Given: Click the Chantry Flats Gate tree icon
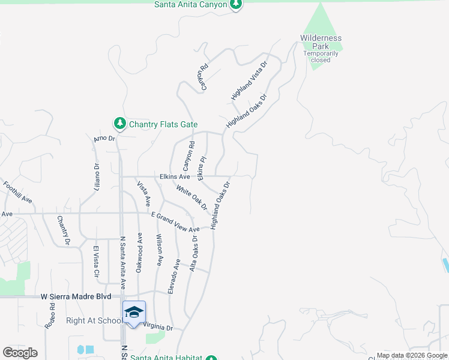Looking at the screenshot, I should [120, 124].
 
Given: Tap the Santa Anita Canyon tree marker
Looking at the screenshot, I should [237, 5].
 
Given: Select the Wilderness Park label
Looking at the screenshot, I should [321, 42].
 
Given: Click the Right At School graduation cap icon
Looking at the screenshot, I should [134, 311].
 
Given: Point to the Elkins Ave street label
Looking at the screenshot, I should [175, 177].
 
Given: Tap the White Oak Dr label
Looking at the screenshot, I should [191, 198].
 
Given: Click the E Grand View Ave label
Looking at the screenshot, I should [175, 222].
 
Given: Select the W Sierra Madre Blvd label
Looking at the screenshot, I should [76, 296].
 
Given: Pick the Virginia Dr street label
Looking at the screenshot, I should [158, 328].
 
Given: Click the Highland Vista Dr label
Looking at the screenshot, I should [249, 80].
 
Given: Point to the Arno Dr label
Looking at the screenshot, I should [104, 139].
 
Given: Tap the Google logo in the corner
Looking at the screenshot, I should [20, 352].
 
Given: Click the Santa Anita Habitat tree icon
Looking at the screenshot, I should [211, 358].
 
